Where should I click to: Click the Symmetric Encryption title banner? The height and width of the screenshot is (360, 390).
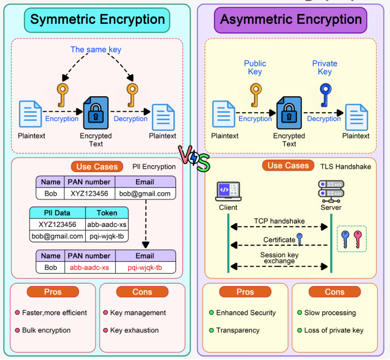coord(97,20)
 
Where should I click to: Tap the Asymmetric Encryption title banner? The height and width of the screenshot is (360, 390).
coord(291,20)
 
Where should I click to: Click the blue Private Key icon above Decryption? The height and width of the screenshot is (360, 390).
coord(325,95)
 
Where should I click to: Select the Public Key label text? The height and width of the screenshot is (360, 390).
coord(255,67)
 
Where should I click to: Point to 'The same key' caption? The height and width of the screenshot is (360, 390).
coord(96,49)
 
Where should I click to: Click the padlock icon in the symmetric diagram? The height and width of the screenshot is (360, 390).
coord(95,113)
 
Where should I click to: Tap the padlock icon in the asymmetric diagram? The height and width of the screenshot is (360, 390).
coord(289,113)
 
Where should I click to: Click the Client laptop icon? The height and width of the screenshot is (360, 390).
coord(228,191)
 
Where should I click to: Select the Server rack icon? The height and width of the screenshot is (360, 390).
coord(331,190)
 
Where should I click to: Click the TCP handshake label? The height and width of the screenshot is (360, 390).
coord(279,221)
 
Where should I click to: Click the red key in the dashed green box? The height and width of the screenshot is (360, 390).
coord(357,239)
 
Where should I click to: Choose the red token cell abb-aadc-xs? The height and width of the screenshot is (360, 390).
coord(89,267)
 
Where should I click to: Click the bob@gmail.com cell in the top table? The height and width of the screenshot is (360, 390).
coord(145,193)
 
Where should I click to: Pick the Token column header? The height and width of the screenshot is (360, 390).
coord(107,213)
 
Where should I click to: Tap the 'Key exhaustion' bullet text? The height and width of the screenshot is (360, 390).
coord(134,330)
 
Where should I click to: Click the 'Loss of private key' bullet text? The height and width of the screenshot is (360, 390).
coord(334,330)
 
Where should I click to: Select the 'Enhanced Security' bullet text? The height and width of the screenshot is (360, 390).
coord(246,313)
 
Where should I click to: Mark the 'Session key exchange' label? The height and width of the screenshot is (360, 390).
coord(279,258)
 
